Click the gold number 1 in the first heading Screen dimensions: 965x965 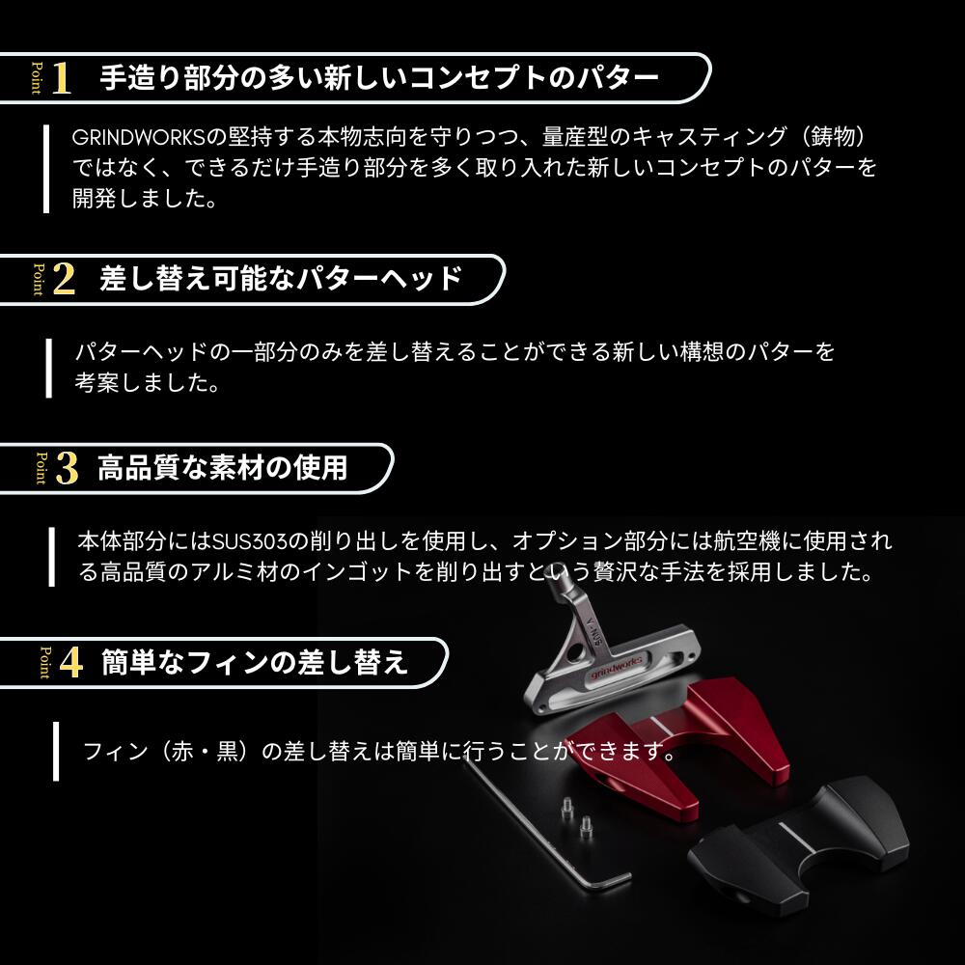point(61,78)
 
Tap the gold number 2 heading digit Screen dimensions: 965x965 point(64,280)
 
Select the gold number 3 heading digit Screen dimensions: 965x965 point(68,468)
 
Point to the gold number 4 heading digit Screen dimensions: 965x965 point(70,663)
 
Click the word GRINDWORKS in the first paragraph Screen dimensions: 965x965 point(138,137)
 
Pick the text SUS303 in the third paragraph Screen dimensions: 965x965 point(250,541)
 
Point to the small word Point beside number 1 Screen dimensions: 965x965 point(37,78)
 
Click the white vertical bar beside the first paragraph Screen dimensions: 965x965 point(46,169)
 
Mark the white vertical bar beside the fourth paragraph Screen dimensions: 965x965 point(56,752)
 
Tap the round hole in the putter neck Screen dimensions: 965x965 point(576,651)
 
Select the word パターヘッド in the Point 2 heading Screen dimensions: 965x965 point(379,280)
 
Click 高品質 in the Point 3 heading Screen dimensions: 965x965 point(138,468)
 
